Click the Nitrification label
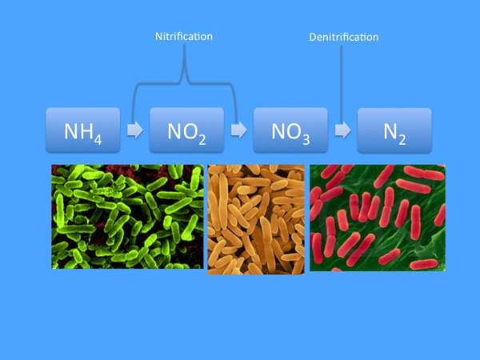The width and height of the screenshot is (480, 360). [184, 37]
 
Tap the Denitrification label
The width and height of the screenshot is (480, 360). [344, 37]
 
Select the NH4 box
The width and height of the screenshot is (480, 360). [83, 130]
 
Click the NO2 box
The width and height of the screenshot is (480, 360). [186, 130]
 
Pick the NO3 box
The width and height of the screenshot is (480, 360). [290, 130]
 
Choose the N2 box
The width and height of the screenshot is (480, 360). [394, 130]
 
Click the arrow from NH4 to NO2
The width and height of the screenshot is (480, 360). [135, 130]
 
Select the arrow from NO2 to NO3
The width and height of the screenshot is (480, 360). [238, 130]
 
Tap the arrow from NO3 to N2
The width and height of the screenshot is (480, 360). [343, 130]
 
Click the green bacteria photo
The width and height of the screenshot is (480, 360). [127, 217]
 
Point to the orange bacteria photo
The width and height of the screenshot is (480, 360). [256, 219]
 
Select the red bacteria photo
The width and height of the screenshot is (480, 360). [378, 218]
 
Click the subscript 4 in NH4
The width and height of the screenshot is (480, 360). [98, 139]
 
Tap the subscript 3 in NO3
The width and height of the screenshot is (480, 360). [306, 139]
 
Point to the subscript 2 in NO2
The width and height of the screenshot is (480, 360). [202, 139]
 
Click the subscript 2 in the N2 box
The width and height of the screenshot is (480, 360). [402, 139]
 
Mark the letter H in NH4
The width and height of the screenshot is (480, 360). [86, 131]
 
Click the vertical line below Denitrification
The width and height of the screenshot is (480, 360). [342, 84]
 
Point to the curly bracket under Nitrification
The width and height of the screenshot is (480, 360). [184, 83]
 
